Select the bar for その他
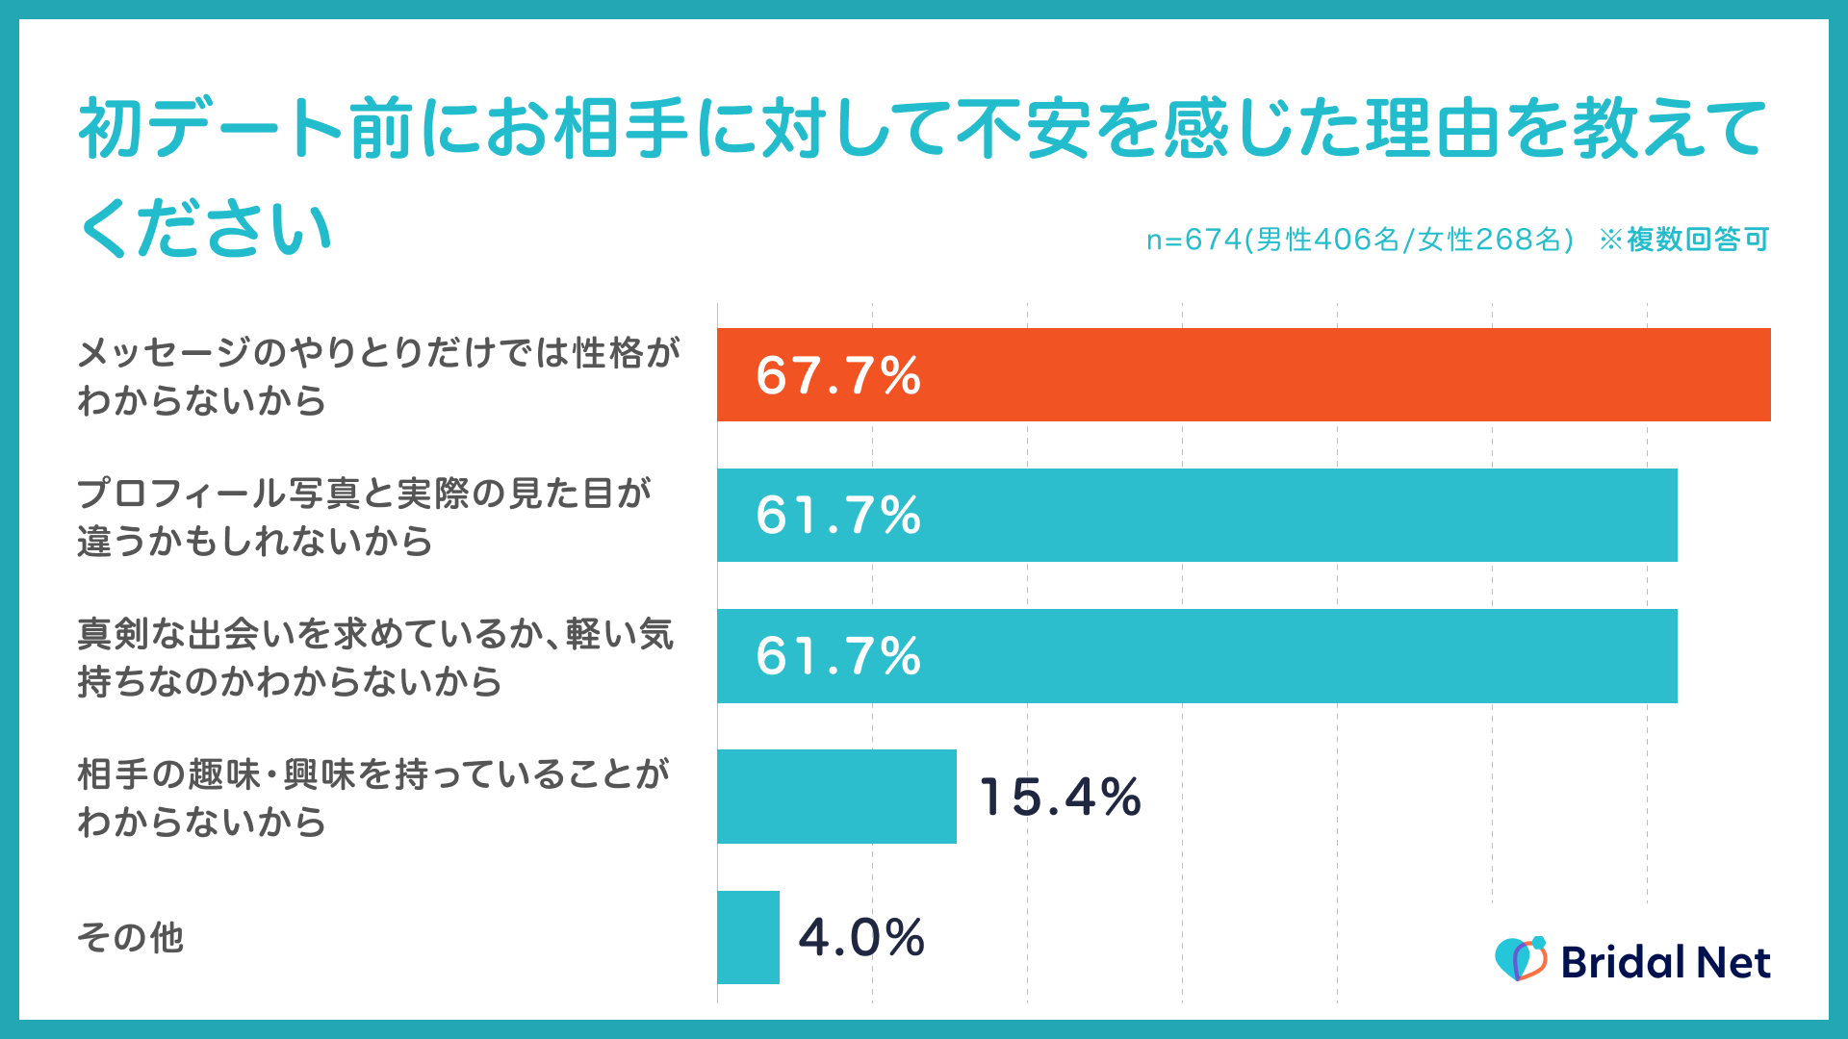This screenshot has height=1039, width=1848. (748, 937)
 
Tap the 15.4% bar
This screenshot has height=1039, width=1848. (836, 797)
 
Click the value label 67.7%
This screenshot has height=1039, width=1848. (838, 375)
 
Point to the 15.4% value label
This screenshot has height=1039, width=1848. (1060, 798)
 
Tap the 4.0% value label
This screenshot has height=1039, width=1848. (861, 938)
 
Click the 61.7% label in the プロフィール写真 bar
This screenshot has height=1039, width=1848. (838, 516)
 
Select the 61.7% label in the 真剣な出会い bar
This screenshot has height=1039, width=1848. (838, 656)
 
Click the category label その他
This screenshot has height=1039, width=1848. (130, 937)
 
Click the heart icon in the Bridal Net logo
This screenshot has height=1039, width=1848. (1520, 959)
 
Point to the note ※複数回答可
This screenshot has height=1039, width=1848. (1683, 240)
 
